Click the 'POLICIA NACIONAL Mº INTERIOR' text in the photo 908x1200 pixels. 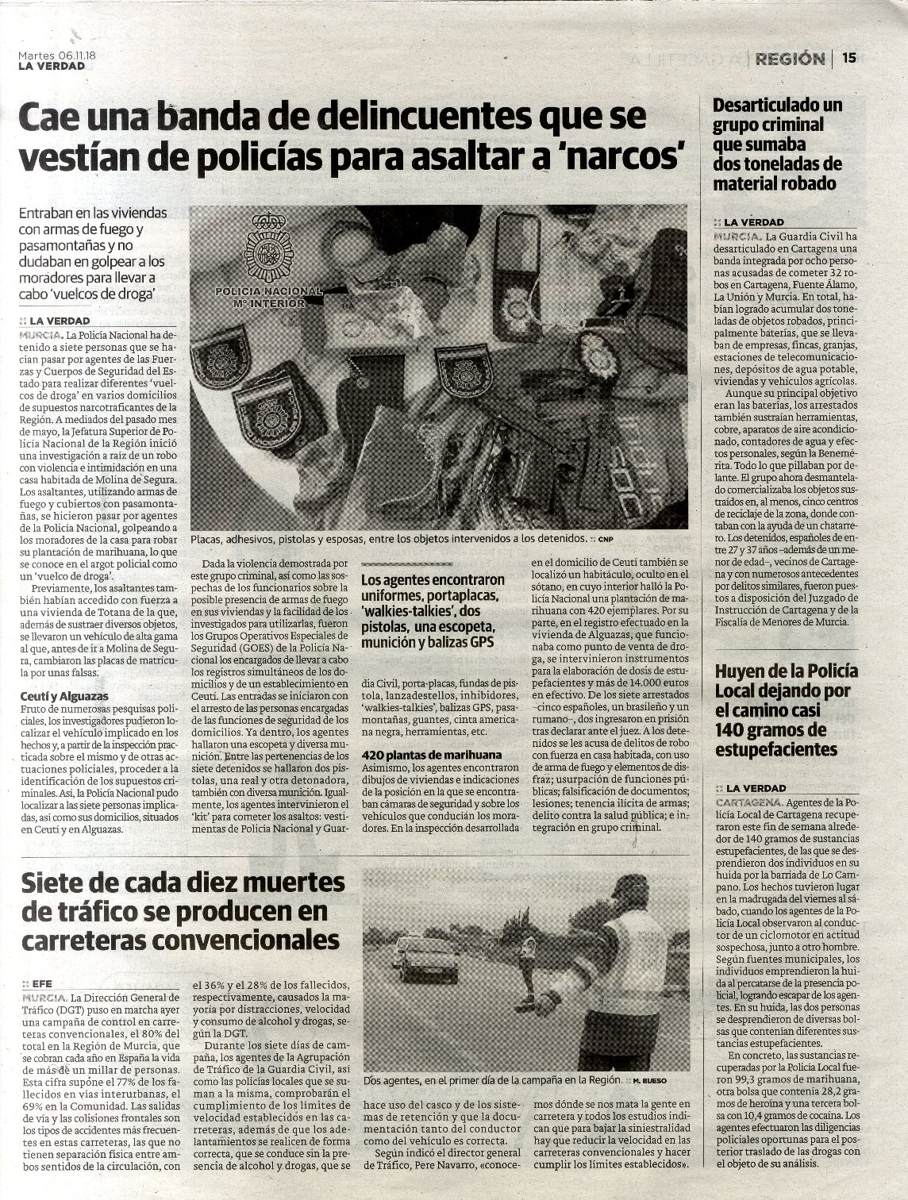(x=268, y=297)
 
